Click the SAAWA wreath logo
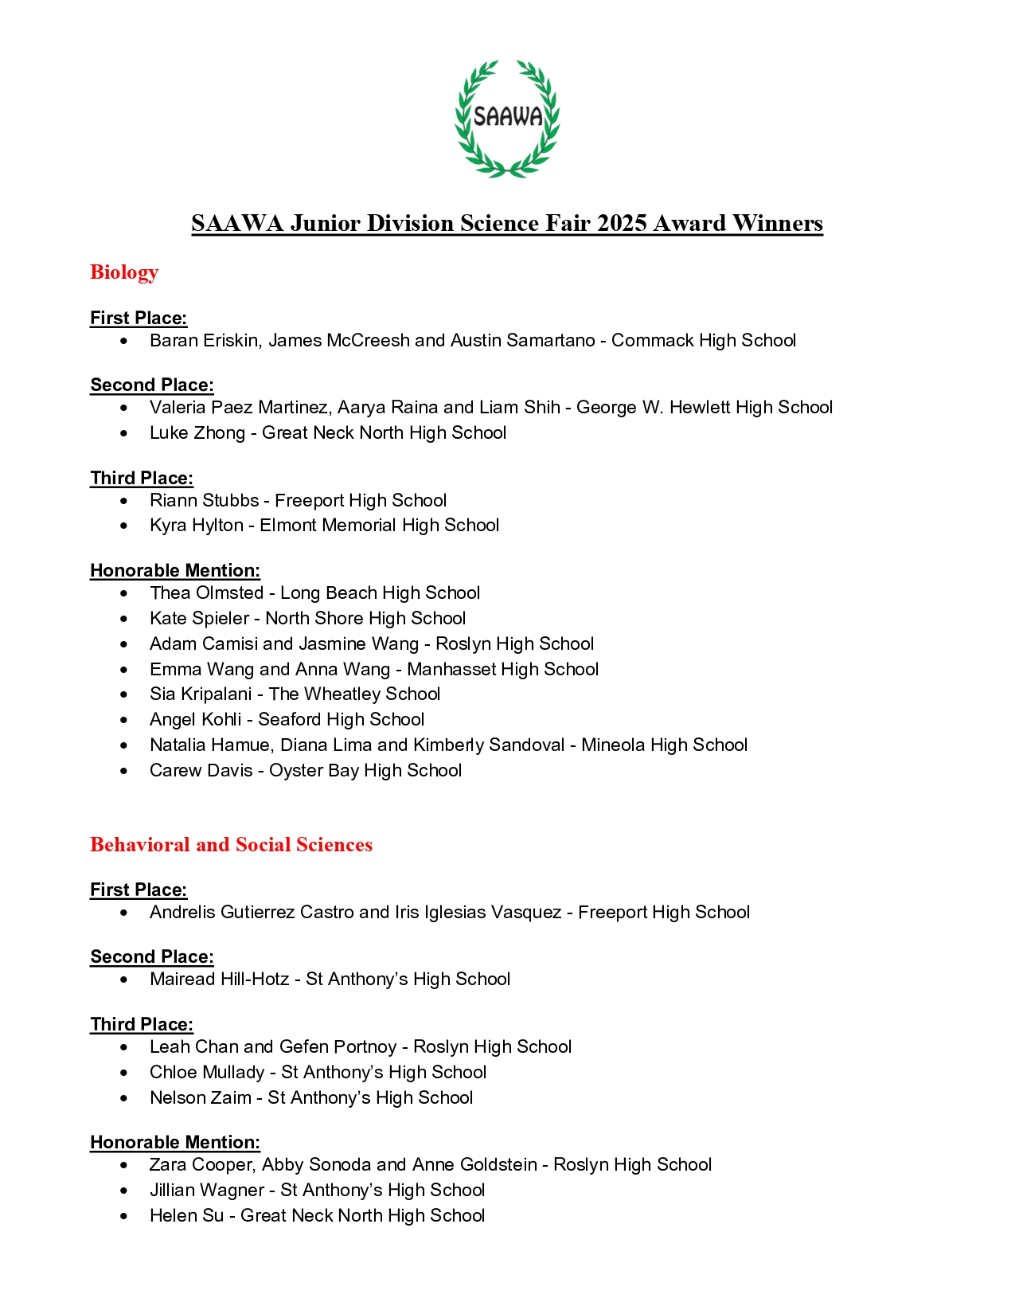(x=507, y=118)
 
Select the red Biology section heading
(x=124, y=272)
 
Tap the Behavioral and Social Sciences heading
(x=231, y=845)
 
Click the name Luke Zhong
(x=197, y=433)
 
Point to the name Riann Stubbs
(x=204, y=501)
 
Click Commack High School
(x=703, y=341)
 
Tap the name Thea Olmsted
(x=206, y=593)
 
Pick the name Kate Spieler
(x=199, y=619)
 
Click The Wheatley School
(x=354, y=694)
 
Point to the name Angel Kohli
(x=195, y=720)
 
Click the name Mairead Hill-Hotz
(x=219, y=980)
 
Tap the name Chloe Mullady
(x=206, y=1073)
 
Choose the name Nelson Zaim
(x=200, y=1098)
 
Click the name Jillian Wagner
(x=206, y=1191)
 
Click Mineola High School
(x=664, y=745)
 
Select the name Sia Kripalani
(x=200, y=694)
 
